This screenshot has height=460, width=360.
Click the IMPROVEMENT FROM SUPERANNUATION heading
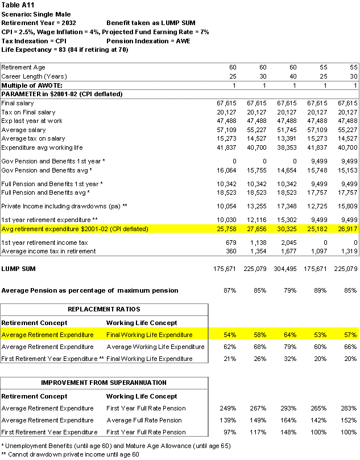tap(104, 382)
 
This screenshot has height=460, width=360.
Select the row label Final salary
tap(18, 103)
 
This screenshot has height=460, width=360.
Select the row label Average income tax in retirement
tap(48, 251)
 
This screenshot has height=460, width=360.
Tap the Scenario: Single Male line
tap(37, 14)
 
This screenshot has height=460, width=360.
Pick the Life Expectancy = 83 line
tap(65, 50)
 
